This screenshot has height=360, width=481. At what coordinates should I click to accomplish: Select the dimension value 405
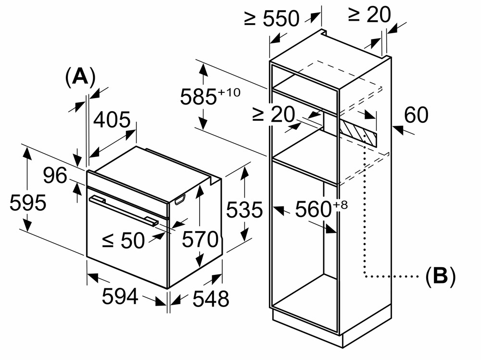tap(112, 120)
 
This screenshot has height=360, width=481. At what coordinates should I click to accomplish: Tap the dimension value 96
tap(55, 176)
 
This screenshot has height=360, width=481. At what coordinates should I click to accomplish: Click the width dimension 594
tap(120, 296)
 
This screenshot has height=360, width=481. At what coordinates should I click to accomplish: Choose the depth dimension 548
tap(211, 299)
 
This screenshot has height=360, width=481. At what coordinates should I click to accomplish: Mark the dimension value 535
tap(245, 210)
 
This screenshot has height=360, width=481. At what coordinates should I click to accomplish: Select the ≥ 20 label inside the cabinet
tap(273, 115)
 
